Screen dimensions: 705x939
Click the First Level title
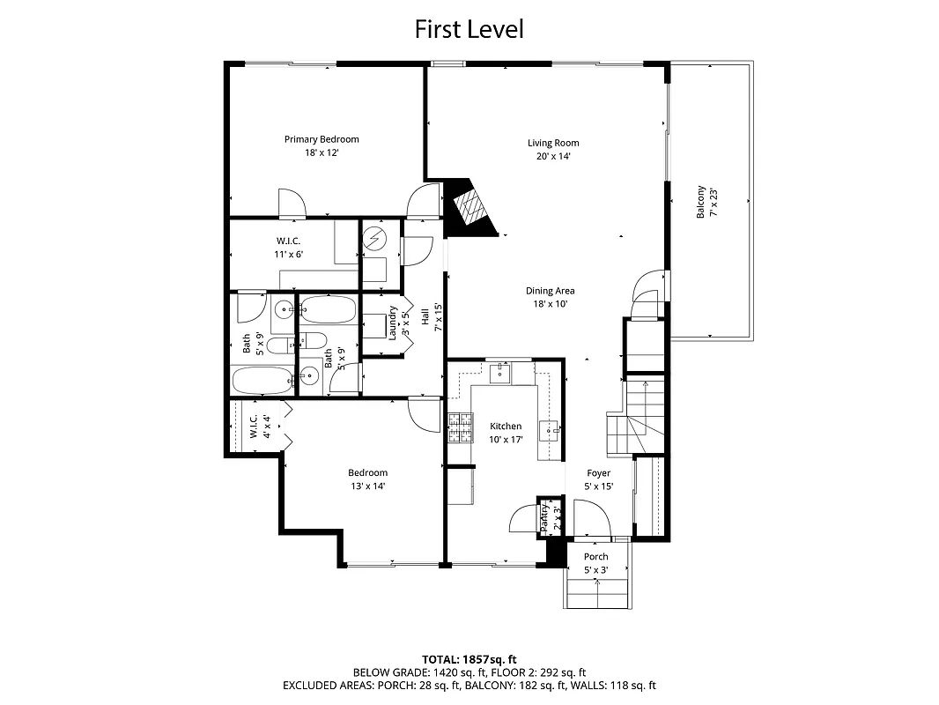(x=469, y=29)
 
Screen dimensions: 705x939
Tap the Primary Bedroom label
(x=321, y=139)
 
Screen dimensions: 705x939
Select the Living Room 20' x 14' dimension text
(x=553, y=157)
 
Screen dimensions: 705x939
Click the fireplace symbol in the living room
(x=469, y=209)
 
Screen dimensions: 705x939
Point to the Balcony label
(x=701, y=202)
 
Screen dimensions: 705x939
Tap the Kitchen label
(x=506, y=427)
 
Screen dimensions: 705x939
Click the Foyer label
(x=598, y=473)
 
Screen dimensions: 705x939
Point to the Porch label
(x=596, y=557)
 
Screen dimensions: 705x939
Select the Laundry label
(x=394, y=322)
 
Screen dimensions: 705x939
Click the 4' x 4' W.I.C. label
(x=253, y=427)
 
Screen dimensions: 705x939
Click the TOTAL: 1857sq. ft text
(x=469, y=659)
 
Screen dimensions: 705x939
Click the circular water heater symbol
(x=376, y=239)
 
